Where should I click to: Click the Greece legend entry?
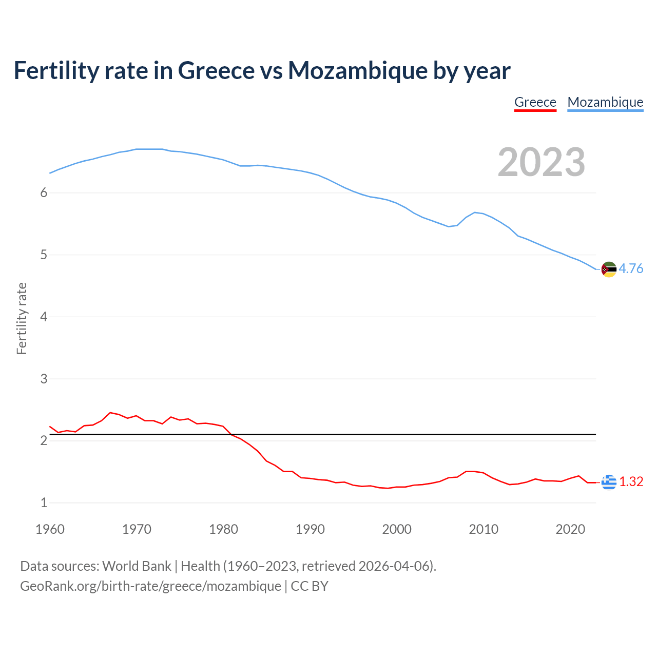tap(535, 102)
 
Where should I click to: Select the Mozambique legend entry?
tap(605, 102)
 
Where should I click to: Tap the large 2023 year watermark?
tap(541, 162)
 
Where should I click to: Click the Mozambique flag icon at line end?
tap(609, 269)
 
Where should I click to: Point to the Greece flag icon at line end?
tap(609, 482)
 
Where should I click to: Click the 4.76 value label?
tap(631, 269)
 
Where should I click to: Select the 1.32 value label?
tap(631, 482)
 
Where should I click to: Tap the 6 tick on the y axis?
tap(44, 193)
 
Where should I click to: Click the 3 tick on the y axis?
tap(44, 379)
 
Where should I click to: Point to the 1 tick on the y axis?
tap(44, 503)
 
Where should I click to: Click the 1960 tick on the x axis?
tap(50, 529)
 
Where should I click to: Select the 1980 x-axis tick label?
tap(223, 529)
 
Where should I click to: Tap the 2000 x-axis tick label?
tap(397, 529)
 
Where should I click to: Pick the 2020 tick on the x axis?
tap(570, 529)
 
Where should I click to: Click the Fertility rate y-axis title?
tap(22, 318)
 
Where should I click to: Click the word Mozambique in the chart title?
tap(357, 71)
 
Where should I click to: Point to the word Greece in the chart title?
tap(216, 71)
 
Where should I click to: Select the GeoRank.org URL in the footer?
tap(150, 586)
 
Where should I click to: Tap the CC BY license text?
tap(310, 586)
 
